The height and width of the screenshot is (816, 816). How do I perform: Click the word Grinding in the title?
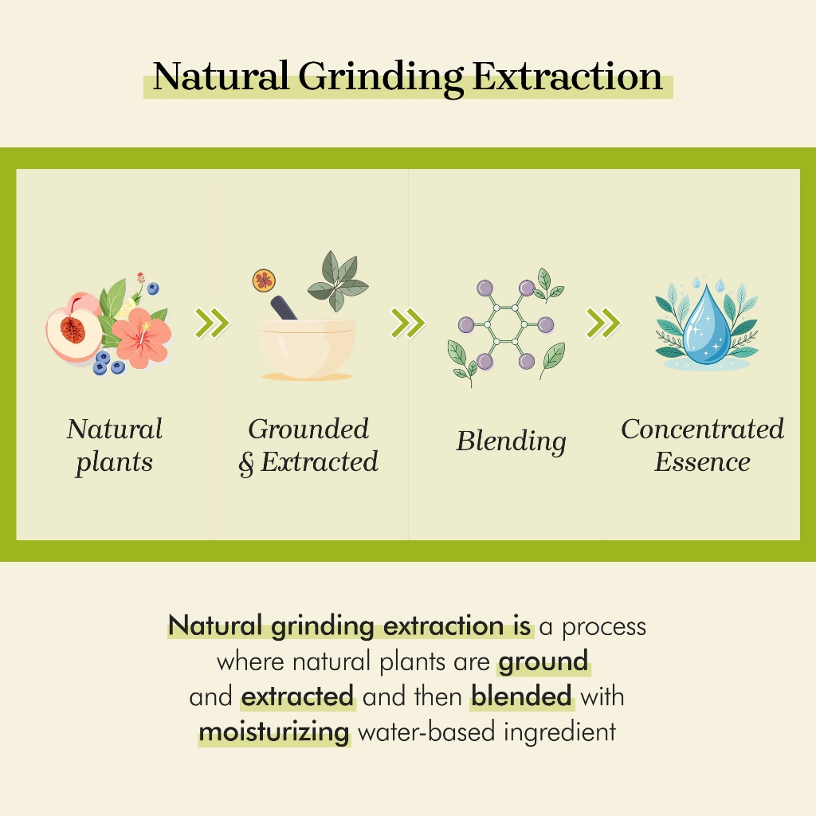click(x=380, y=77)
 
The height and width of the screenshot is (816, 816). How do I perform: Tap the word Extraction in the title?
click(x=567, y=76)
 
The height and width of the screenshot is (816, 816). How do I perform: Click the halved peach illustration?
click(x=74, y=328)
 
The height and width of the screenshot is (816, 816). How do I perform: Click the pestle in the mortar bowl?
click(x=283, y=308)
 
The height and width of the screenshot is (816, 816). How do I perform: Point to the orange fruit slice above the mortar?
click(x=264, y=280)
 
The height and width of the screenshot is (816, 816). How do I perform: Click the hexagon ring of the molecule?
click(x=506, y=325)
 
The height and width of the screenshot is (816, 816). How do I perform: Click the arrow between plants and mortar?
click(x=212, y=324)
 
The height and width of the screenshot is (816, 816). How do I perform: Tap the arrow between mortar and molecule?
click(x=407, y=324)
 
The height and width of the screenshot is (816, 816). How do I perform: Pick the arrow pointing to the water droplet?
click(x=603, y=324)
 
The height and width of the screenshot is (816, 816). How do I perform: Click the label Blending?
click(x=511, y=441)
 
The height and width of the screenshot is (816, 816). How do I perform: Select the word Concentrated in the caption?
click(x=702, y=430)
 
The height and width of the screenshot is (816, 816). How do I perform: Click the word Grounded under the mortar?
click(x=308, y=430)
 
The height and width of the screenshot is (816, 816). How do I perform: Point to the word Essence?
click(x=702, y=461)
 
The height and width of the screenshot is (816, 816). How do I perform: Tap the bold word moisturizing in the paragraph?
click(x=274, y=732)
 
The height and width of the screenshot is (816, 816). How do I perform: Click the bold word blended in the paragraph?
click(x=521, y=696)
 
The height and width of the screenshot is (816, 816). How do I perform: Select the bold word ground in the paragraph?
click(x=543, y=661)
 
